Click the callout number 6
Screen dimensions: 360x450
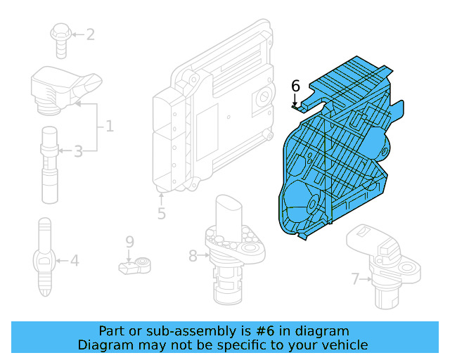[x=295, y=86]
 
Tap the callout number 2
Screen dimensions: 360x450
[x=90, y=34]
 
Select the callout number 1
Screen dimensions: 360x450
[x=110, y=127]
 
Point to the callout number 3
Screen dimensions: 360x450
[x=78, y=150]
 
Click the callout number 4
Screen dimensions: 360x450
[x=75, y=262]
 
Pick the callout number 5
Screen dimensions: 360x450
[x=162, y=213]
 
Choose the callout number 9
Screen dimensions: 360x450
[x=129, y=242]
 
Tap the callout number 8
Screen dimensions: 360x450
[x=193, y=257]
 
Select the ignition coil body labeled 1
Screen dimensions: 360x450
[x=60, y=88]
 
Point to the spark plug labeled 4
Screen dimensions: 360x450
[x=44, y=260]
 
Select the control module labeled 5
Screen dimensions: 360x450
[x=211, y=112]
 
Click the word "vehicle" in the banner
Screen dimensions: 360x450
[x=343, y=345]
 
